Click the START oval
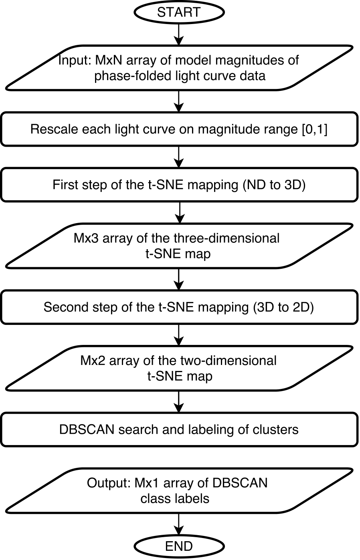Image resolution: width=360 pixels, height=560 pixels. (x=178, y=12)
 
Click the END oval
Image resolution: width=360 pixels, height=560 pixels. (x=178, y=546)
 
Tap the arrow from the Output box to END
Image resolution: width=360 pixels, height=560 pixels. (x=178, y=524)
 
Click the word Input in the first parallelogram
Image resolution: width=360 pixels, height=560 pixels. (x=75, y=61)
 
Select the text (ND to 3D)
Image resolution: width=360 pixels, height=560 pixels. (x=274, y=185)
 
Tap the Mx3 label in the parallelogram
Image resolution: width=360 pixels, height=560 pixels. (x=87, y=238)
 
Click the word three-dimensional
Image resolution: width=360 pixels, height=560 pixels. (x=227, y=238)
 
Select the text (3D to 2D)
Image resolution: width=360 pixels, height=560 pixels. (x=283, y=307)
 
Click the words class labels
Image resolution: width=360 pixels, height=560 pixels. (x=175, y=499)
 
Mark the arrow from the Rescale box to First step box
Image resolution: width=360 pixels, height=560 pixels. (x=178, y=157)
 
